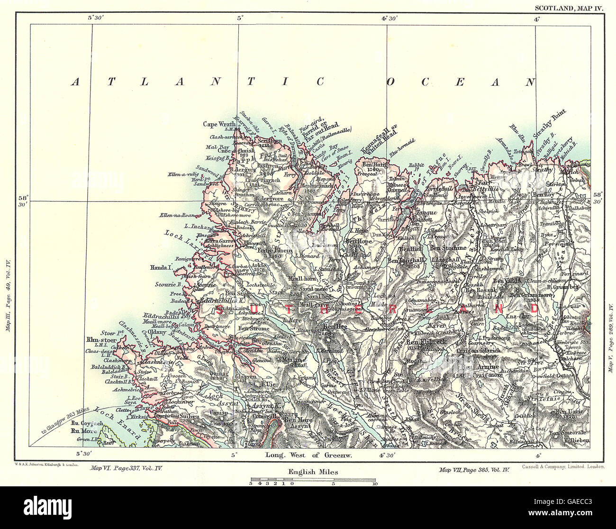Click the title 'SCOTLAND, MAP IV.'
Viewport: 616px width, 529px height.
point(569,8)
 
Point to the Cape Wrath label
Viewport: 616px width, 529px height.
point(219,124)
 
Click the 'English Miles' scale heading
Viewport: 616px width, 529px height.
point(313,472)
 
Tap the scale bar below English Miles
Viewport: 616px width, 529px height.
point(313,482)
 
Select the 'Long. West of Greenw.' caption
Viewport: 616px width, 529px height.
point(308,455)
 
